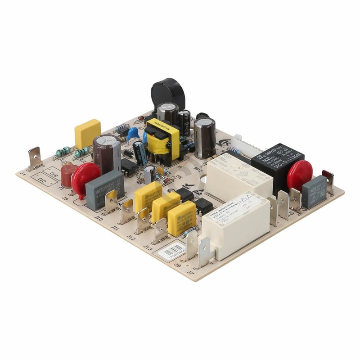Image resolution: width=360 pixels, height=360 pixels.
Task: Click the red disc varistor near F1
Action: [x=85, y=177]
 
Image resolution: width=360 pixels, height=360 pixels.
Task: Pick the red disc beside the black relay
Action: [x=300, y=175]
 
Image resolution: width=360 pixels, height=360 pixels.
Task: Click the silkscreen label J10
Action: [x=99, y=217]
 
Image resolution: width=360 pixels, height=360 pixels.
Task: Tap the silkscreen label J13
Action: [x=148, y=247]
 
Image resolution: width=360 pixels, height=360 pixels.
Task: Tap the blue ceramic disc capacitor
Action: [x=133, y=133]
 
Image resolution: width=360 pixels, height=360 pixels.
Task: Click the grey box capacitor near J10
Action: [x=104, y=189]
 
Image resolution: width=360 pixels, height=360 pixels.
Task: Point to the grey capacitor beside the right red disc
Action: [x=315, y=191]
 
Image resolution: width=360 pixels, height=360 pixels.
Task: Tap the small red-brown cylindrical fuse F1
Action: [x=68, y=175]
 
